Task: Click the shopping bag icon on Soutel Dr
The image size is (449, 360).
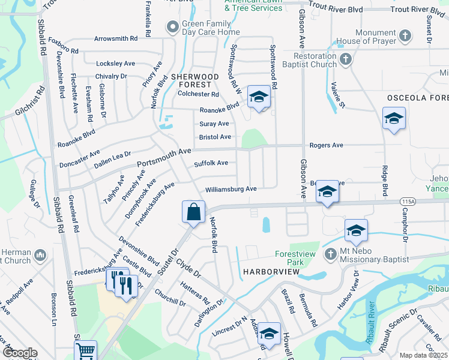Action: (x=193, y=212)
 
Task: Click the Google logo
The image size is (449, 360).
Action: (x=19, y=353)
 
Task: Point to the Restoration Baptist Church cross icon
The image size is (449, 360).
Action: (x=345, y=59)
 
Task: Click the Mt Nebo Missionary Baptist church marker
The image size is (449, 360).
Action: (x=330, y=254)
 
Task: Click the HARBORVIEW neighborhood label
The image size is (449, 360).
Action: (x=271, y=272)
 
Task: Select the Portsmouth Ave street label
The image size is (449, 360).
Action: (x=164, y=158)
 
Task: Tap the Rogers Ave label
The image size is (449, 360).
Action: (x=326, y=145)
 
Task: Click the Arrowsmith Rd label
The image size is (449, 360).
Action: (x=116, y=38)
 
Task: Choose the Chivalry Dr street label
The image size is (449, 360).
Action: (x=111, y=77)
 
